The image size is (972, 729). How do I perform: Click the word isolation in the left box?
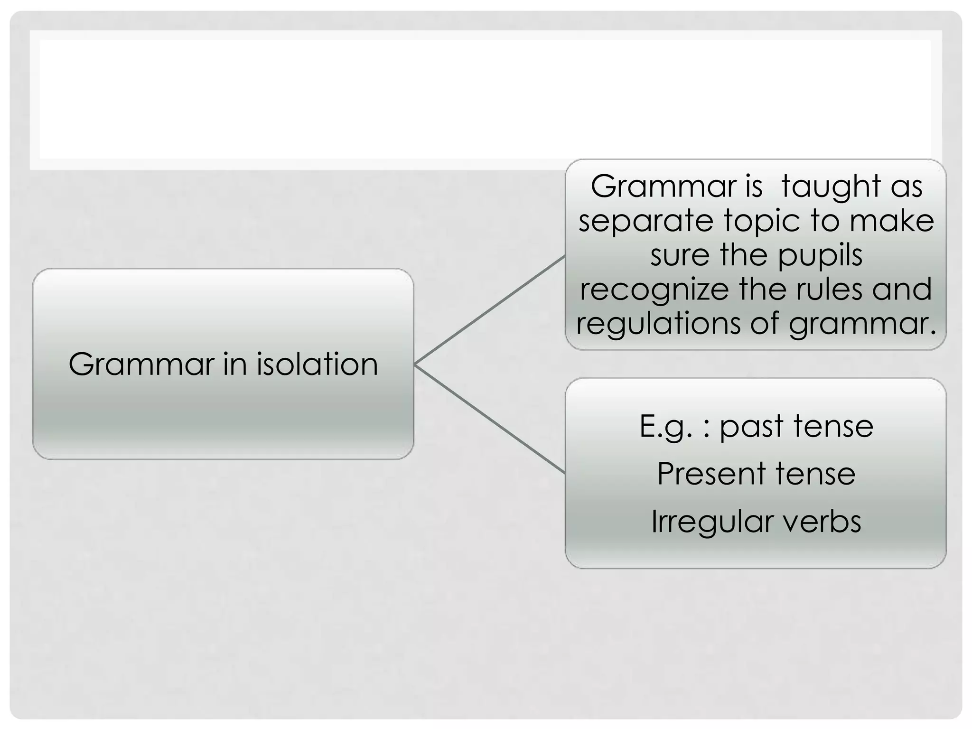pos(317,364)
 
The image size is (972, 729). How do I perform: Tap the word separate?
pos(646,221)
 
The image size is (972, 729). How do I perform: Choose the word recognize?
pos(654,290)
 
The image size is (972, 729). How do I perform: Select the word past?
pos(751,426)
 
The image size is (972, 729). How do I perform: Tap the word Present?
pos(711,474)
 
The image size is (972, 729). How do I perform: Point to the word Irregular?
pos(705,521)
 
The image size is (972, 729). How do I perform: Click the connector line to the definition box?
pos(489,310)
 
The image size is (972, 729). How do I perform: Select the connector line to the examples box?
pos(489,419)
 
